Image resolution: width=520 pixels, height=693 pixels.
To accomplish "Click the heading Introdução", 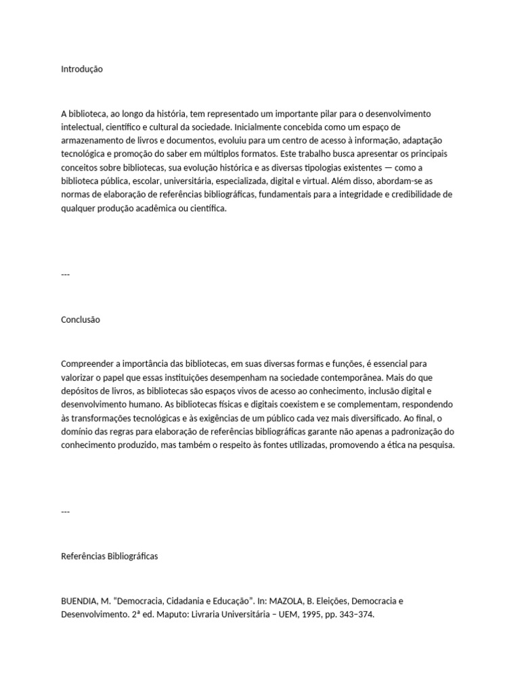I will tap(82, 69).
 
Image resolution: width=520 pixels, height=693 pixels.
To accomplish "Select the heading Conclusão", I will tap(81, 319).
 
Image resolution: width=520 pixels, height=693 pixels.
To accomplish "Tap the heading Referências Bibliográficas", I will tap(109, 556).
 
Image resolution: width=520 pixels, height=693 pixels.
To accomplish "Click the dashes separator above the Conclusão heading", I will tap(65, 274).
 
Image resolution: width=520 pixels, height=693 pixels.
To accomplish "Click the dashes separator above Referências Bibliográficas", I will tap(65, 512).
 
